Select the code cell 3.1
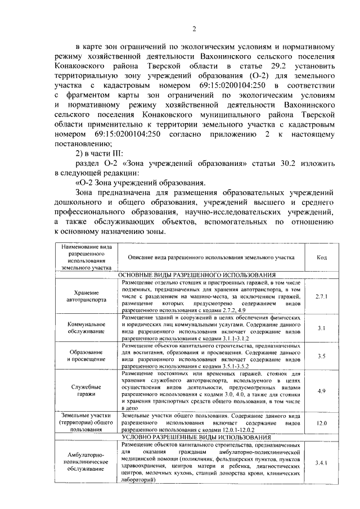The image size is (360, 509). (321, 327)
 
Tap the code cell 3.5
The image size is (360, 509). (321, 355)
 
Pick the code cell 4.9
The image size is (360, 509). (321, 390)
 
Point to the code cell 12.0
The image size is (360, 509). (321, 422)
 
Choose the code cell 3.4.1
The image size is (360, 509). (321, 462)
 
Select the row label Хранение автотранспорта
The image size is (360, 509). (87, 296)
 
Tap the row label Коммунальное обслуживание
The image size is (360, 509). (87, 328)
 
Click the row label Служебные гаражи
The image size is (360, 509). (87, 390)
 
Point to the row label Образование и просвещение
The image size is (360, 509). (87, 355)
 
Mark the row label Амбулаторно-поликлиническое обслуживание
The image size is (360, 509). (87, 462)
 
